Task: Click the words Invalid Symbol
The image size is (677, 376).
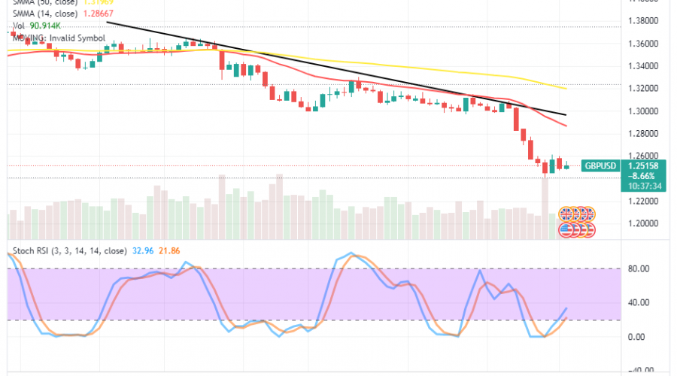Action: [80, 37]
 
